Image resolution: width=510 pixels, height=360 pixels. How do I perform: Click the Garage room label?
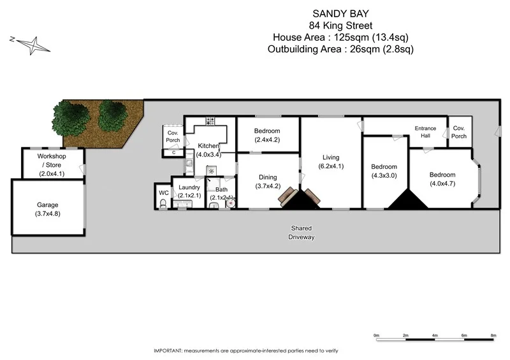pos(47,209)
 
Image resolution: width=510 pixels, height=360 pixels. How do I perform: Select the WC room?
pos(163,192)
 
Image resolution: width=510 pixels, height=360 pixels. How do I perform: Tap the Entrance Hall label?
pos(425,132)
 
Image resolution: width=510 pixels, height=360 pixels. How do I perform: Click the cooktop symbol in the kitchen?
pos(210,120)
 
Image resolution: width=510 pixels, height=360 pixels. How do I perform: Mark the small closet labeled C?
pos(174,152)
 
